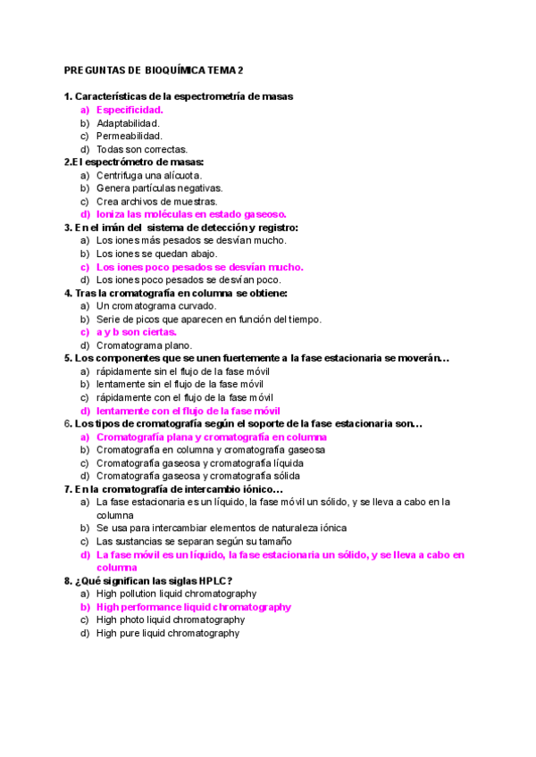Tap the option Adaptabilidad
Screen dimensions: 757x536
click(128, 123)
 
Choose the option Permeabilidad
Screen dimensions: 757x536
click(129, 137)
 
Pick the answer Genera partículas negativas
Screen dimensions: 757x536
click(159, 188)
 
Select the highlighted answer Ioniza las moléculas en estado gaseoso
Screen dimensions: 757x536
click(191, 214)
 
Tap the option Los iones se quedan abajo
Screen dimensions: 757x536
click(156, 254)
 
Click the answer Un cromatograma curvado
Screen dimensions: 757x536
click(156, 305)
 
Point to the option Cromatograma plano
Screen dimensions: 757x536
click(144, 345)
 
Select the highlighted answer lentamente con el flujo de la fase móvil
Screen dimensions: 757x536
click(188, 411)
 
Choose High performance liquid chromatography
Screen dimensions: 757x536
click(193, 607)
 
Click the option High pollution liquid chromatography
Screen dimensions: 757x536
click(176, 594)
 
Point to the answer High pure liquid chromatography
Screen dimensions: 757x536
click(167, 633)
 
